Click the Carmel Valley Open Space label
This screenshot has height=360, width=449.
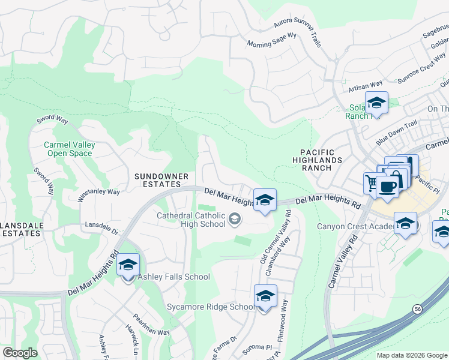tap(68, 149)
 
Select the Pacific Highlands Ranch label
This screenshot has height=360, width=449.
tap(318, 160)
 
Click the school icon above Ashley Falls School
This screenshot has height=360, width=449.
tap(128, 264)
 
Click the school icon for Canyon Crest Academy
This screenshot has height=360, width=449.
tap(406, 224)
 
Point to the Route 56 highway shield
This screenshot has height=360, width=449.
tap(416, 308)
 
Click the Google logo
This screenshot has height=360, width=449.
tap(20, 353)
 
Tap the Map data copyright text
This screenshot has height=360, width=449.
tap(412, 355)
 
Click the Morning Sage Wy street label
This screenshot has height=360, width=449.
tap(272, 40)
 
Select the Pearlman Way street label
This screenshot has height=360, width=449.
tap(151, 324)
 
